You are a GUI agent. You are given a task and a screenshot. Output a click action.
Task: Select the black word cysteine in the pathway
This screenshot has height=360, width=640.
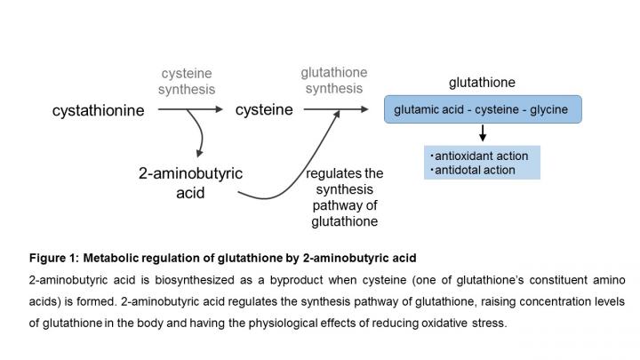point(264,109)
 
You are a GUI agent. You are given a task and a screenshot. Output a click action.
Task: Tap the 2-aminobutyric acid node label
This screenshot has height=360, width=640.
point(190,182)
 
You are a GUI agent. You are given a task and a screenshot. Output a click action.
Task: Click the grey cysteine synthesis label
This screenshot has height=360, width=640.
point(188,81)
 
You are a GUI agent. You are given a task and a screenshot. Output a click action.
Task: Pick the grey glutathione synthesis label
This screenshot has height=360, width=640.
point(333,81)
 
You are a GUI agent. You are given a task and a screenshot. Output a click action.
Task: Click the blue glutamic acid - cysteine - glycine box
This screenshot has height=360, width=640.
point(483,110)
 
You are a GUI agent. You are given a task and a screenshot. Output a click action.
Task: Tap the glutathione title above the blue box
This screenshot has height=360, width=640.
point(482,83)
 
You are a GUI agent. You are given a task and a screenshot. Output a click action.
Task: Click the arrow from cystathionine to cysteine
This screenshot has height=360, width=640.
point(190,109)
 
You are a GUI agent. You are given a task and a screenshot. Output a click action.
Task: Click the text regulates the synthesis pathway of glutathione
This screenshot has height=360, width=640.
point(344,196)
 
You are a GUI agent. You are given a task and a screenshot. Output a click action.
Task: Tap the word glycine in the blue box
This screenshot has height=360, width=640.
point(550,110)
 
